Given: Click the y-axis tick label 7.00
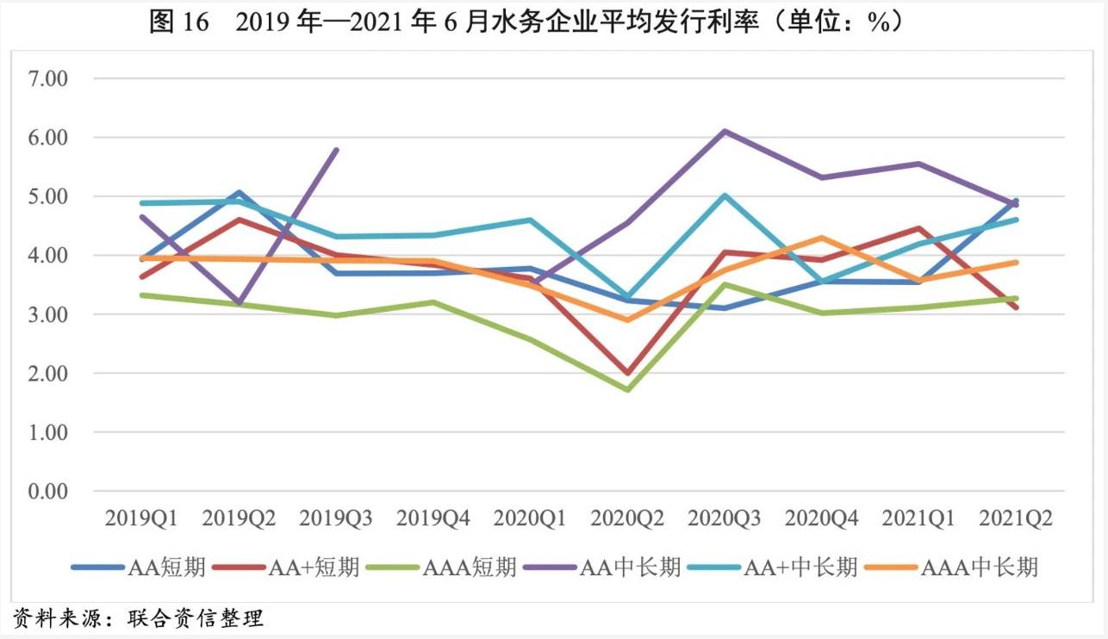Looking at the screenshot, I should click(x=48, y=78).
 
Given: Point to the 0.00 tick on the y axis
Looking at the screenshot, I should click(x=48, y=491).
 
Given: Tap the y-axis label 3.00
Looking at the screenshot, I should click(x=48, y=314).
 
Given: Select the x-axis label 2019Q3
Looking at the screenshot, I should click(x=336, y=519).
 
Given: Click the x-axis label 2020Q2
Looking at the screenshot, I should click(x=627, y=519).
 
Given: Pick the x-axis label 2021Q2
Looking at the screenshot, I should click(x=1017, y=519).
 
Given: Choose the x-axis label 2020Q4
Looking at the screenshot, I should click(x=822, y=519).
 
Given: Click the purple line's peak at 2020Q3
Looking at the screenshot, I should click(x=725, y=131).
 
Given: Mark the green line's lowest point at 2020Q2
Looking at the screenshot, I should click(x=627, y=389).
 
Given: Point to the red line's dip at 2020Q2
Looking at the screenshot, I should click(x=627, y=374).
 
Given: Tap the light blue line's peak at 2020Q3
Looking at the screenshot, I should click(x=725, y=195).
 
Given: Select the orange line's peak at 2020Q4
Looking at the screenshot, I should click(x=822, y=238).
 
